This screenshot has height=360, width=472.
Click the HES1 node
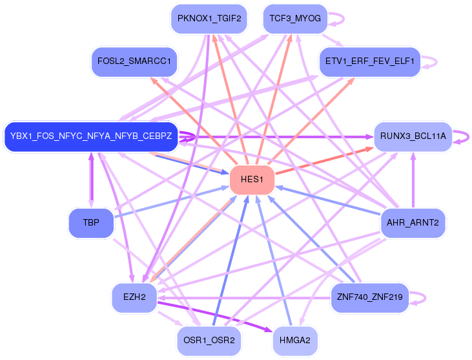252,180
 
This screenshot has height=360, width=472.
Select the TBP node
91,223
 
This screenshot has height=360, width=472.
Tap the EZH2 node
134,297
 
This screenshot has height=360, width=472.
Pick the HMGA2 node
294,341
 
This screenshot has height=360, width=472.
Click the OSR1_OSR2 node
209,341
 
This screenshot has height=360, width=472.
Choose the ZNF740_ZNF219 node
369,297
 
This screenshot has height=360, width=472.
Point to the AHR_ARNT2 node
413,223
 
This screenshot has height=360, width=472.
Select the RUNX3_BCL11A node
413,136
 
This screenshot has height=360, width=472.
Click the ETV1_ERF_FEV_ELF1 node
369,61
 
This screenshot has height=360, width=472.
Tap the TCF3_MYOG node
295,19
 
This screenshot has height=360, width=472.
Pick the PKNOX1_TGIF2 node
209,19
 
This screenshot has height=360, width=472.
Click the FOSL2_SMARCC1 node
134,61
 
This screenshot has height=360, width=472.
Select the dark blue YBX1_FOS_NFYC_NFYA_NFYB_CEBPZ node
91,136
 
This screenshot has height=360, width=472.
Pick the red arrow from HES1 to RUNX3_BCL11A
325,160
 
